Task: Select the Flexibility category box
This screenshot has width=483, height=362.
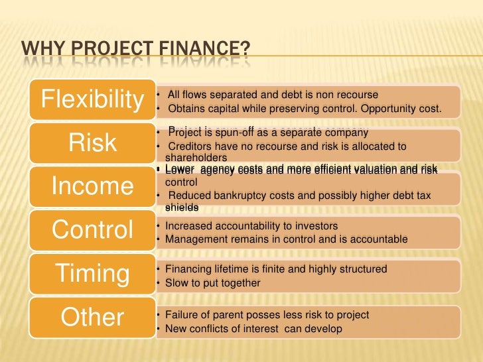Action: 92,99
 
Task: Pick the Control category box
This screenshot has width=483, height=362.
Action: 92,230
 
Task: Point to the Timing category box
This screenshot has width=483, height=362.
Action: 92,274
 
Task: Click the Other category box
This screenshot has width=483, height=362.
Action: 92,317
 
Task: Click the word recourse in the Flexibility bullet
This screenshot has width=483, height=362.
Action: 359,95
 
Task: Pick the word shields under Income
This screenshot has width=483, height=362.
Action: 181,207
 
